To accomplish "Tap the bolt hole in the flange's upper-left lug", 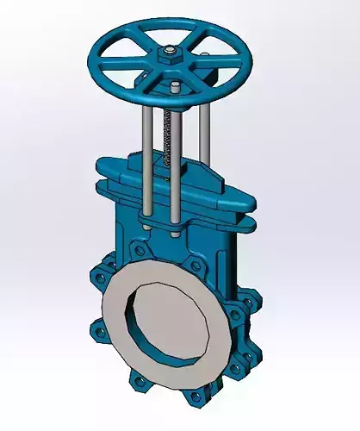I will pyautogui.click(x=138, y=250).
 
